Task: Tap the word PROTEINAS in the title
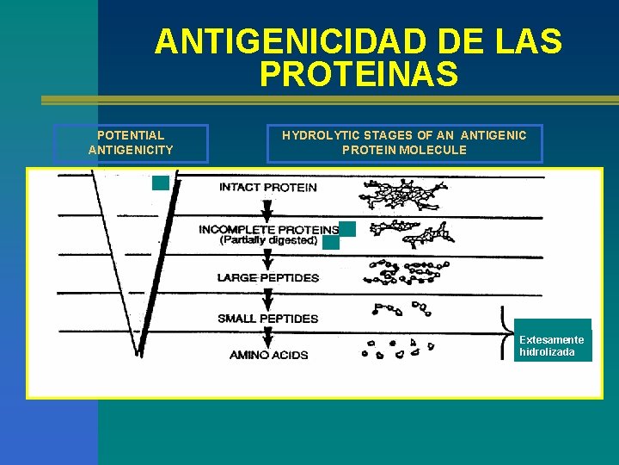359,75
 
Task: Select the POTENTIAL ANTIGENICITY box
131,143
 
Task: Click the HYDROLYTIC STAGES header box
404,143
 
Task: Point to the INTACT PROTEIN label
267,187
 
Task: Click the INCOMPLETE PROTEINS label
267,229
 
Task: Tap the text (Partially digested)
267,241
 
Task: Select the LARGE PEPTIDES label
267,278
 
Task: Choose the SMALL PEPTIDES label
267,319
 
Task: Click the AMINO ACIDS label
268,355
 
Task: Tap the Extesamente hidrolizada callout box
553,345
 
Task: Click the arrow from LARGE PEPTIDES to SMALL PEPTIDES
267,298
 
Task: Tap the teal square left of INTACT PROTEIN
161,183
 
